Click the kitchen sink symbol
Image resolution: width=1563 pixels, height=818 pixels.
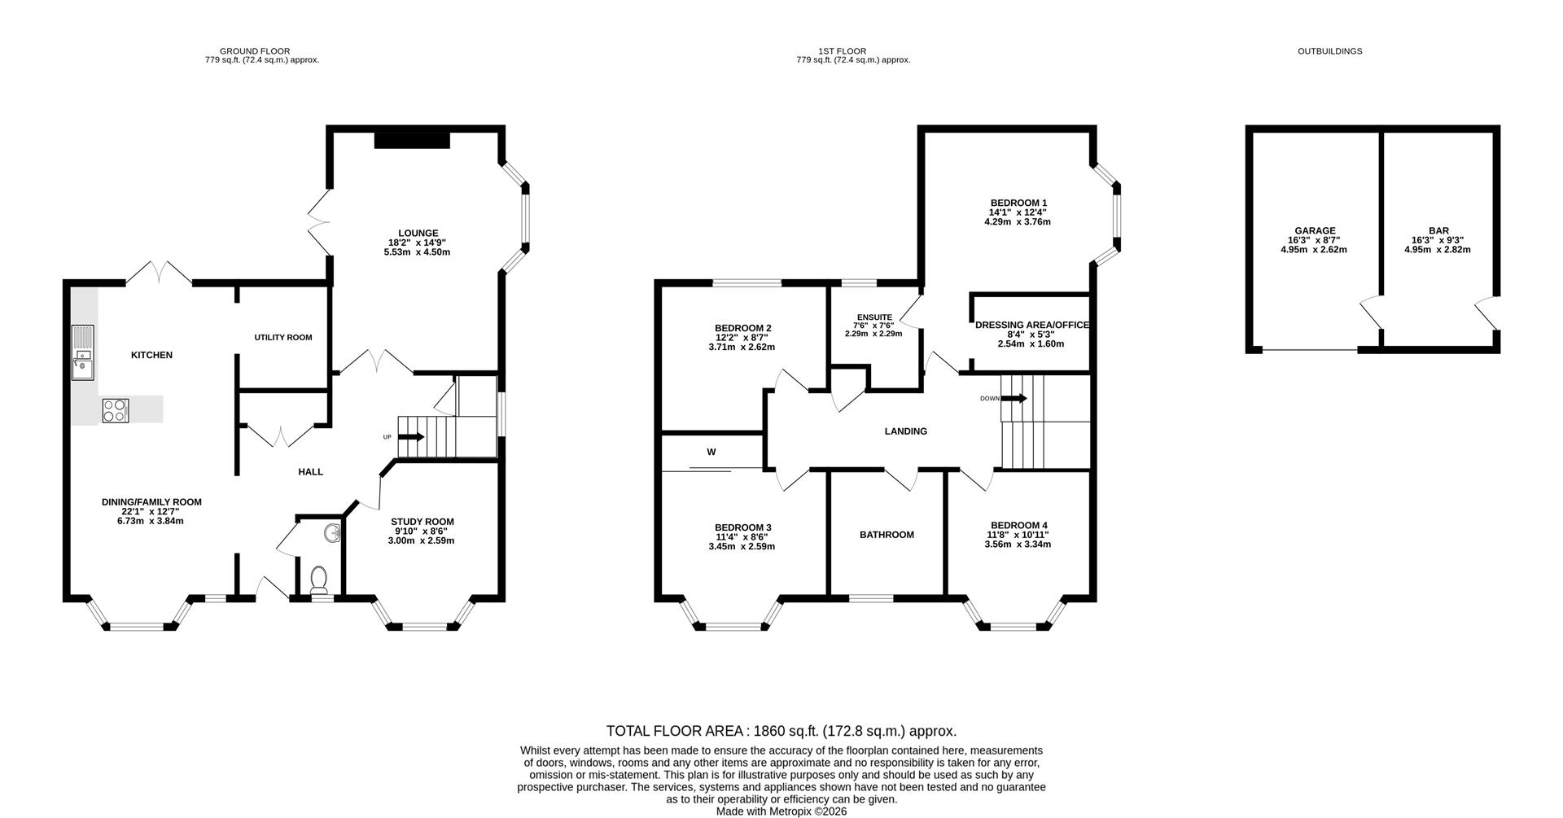pyautogui.click(x=83, y=352)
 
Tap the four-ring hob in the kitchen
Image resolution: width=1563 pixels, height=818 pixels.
pyautogui.click(x=115, y=411)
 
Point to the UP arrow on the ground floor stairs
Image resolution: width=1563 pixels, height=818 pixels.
pyautogui.click(x=411, y=437)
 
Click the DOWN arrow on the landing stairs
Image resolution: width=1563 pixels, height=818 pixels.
pyautogui.click(x=1014, y=398)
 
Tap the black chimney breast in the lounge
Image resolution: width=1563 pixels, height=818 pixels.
pyautogui.click(x=412, y=140)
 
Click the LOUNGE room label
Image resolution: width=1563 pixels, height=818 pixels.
pyautogui.click(x=418, y=234)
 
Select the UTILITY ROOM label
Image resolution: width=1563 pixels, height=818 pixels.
pyautogui.click(x=283, y=337)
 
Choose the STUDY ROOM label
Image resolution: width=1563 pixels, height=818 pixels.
pyautogui.click(x=422, y=522)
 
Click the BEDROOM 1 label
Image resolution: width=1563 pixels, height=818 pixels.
pyautogui.click(x=1018, y=203)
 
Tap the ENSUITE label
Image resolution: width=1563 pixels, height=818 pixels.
pyautogui.click(x=874, y=317)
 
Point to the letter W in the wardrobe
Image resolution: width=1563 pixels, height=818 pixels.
pyautogui.click(x=711, y=452)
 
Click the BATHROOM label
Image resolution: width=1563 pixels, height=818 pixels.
pyautogui.click(x=887, y=535)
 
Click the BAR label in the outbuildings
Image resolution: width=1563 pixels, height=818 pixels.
pyautogui.click(x=1438, y=231)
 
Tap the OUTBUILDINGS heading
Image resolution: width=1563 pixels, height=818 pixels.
pyautogui.click(x=1329, y=51)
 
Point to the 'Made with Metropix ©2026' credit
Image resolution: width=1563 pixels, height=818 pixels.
pyautogui.click(x=781, y=811)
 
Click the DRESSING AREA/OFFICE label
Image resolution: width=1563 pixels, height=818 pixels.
pyautogui.click(x=1031, y=326)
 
